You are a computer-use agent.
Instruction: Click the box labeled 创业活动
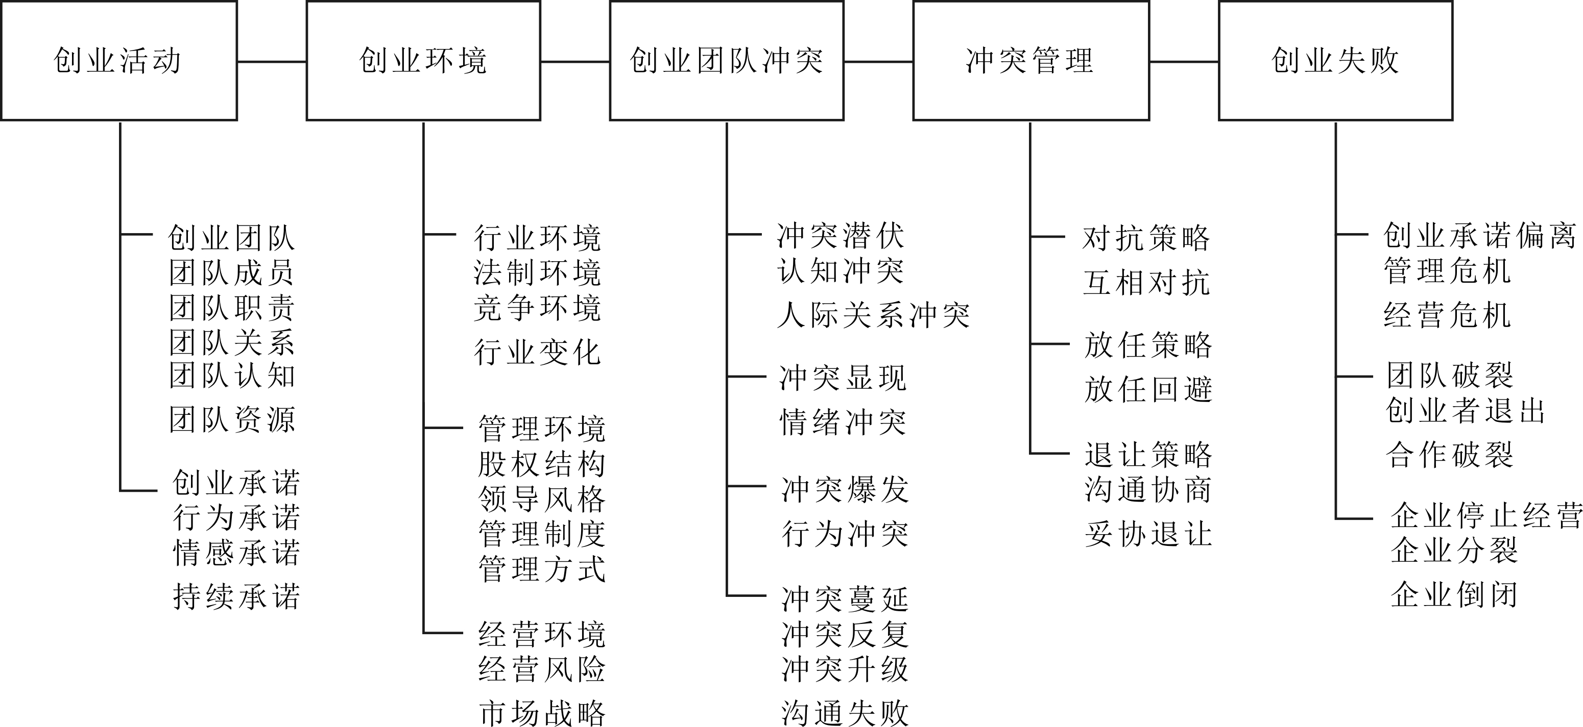[x=118, y=61]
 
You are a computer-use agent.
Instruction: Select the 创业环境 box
[x=423, y=61]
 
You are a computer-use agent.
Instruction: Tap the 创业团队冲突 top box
[x=726, y=61]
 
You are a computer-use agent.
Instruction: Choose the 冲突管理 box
[x=1030, y=61]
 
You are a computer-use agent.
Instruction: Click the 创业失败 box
[x=1335, y=61]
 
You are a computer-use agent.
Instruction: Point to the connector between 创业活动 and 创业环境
[x=272, y=61]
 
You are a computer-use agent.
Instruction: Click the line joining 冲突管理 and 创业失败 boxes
[x=1184, y=61]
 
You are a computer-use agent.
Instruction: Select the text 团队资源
[x=232, y=420]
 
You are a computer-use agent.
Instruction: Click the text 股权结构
[x=542, y=464]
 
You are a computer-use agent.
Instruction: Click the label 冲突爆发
[x=845, y=490]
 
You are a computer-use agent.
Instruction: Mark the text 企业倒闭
[x=1454, y=594]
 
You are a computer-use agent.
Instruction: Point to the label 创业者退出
[x=1466, y=411]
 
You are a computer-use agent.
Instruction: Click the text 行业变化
[x=537, y=353]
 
